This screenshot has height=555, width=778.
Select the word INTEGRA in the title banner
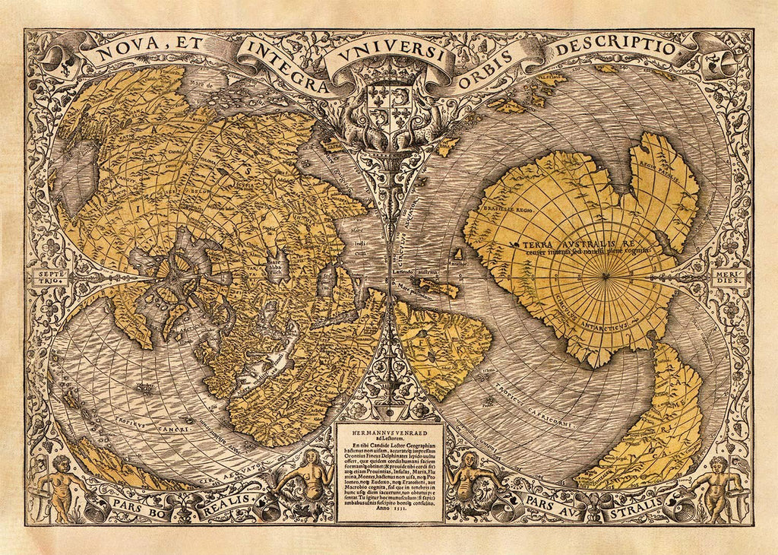pyautogui.click(x=280, y=62)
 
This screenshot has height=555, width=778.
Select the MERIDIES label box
pyautogui.click(x=728, y=278)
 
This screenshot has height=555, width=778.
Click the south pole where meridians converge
pyautogui.click(x=606, y=276)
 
